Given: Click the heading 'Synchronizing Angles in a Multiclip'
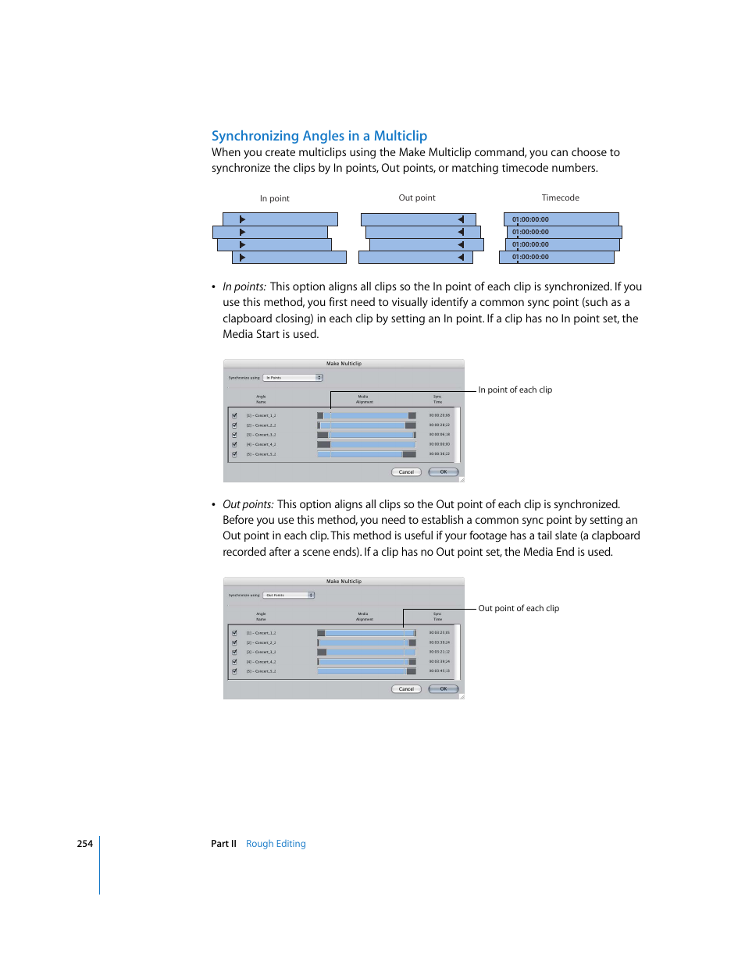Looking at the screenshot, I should coord(319,136).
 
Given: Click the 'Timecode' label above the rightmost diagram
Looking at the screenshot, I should coord(560,197).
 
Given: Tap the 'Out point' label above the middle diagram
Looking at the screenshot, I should coord(416,197).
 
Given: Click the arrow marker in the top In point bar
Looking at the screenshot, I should coord(242,219).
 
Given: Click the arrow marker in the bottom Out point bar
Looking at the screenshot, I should coord(461,257).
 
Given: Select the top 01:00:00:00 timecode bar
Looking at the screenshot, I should coord(561,219).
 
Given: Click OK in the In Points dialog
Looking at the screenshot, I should coord(443,471).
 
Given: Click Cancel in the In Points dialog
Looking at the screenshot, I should coord(406,471).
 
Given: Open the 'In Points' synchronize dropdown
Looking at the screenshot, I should coord(293,378).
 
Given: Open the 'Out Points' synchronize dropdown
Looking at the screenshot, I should coord(289,595).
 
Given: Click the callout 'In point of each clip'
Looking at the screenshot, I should coord(515,390).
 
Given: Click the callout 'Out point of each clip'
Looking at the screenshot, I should coord(519,608).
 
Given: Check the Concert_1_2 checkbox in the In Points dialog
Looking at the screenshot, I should coord(234,415).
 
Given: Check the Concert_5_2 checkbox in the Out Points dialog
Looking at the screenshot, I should coord(234,671).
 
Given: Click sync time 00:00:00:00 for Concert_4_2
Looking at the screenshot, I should coord(439,444).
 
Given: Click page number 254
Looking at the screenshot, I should coord(84,844).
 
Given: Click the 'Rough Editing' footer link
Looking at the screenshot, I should coord(276,844).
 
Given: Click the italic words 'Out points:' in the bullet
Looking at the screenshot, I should coord(248,504).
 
